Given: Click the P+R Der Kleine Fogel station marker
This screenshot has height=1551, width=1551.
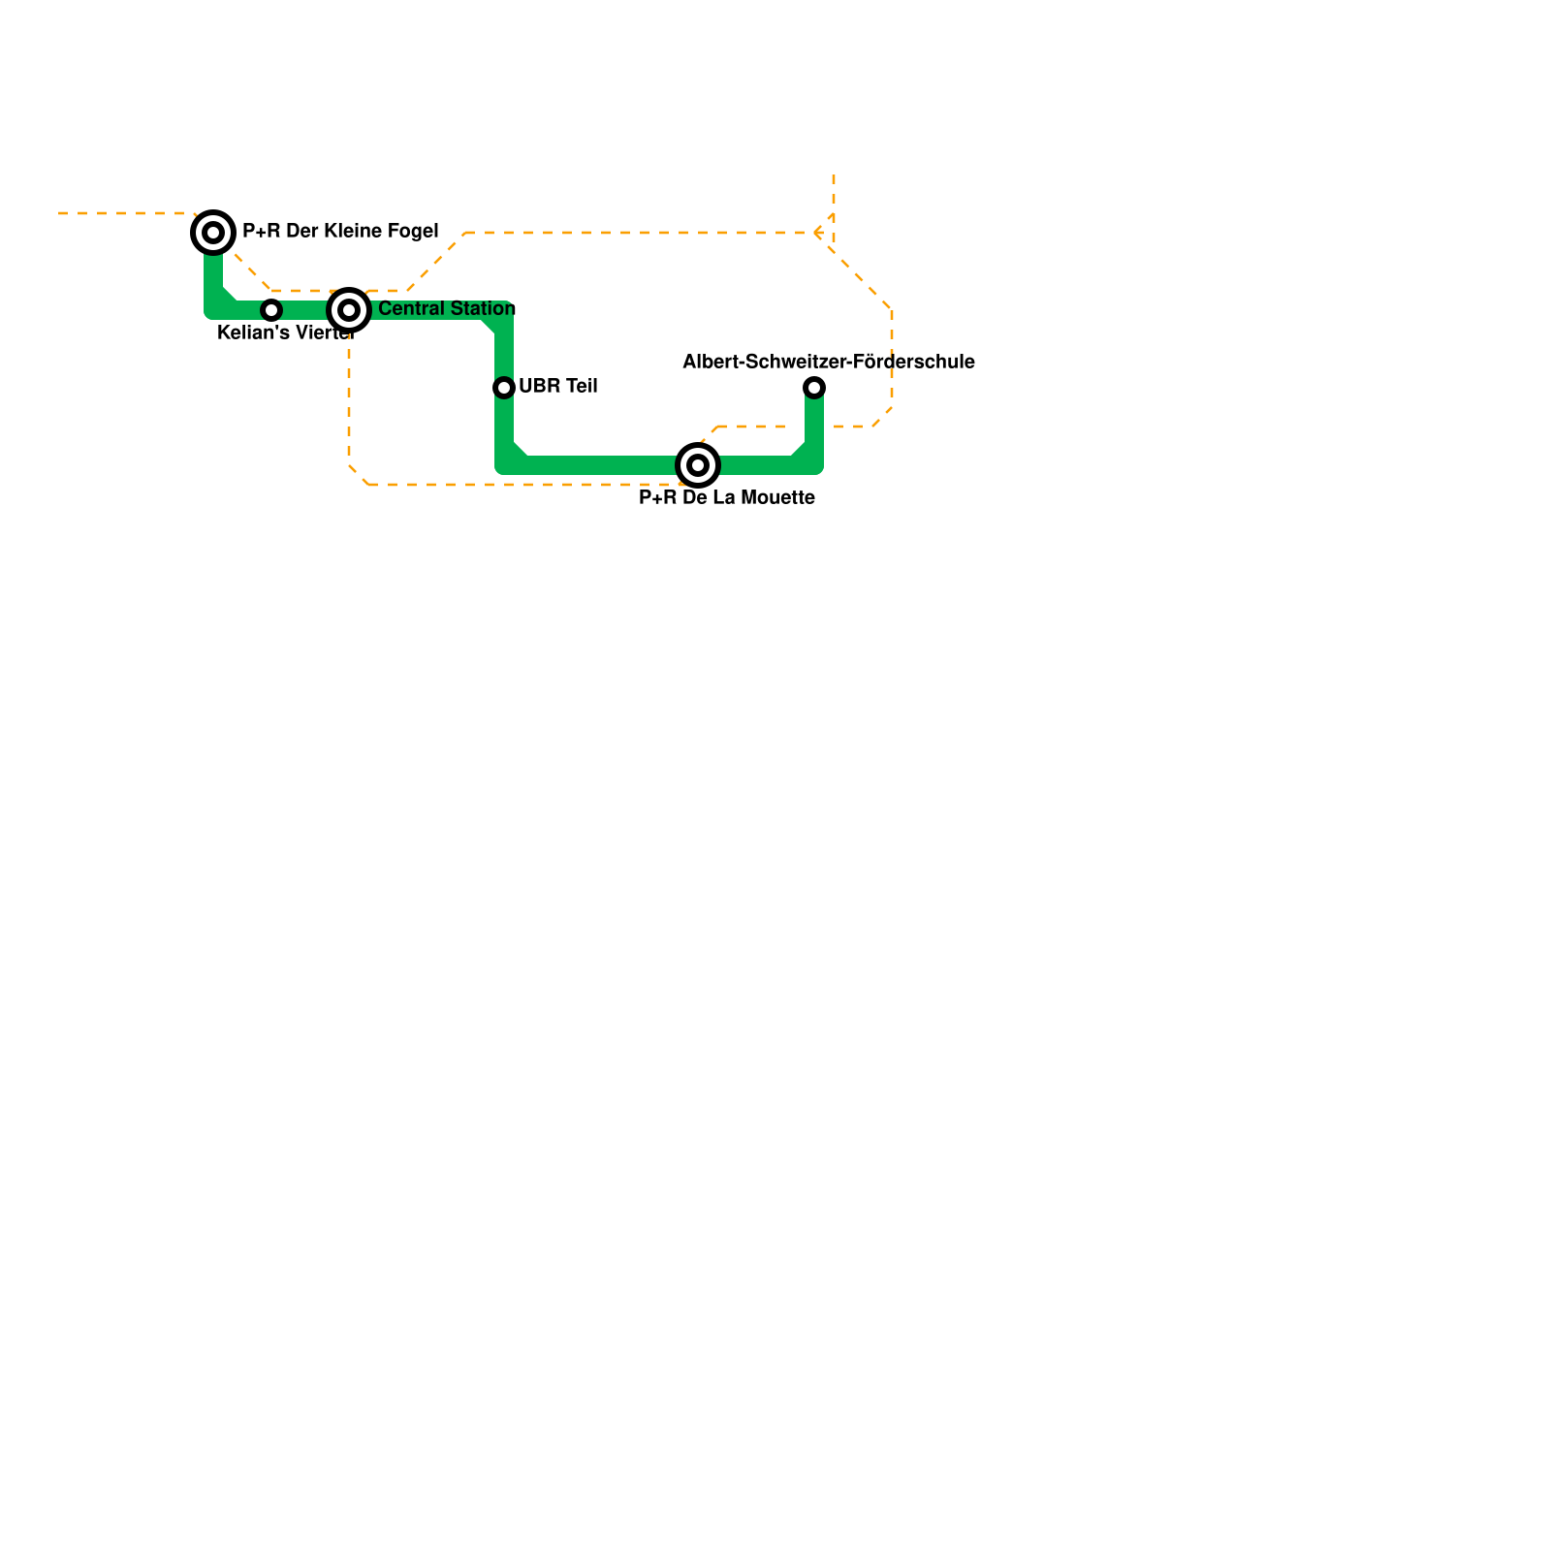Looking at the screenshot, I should click(x=213, y=233).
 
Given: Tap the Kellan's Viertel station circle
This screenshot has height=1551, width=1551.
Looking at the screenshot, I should click(x=271, y=310).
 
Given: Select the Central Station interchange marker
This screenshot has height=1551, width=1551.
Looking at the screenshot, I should click(x=349, y=310).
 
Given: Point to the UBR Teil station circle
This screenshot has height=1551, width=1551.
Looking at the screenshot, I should click(x=504, y=388).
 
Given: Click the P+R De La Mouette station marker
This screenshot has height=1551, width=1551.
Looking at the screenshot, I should click(x=698, y=465).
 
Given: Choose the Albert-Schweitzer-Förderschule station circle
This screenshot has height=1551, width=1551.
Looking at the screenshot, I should click(x=814, y=388).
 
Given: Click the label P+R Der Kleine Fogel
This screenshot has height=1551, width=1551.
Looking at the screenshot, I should click(x=340, y=232).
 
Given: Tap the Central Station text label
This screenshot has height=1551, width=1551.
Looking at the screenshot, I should click(x=447, y=309).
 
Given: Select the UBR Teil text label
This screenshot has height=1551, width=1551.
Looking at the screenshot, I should click(x=558, y=387).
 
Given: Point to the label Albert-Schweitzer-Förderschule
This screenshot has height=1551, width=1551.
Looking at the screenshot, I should click(x=829, y=363).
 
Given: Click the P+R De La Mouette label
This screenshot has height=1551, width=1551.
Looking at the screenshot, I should click(x=727, y=498).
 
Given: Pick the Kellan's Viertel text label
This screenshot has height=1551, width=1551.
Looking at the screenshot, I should click(x=286, y=333).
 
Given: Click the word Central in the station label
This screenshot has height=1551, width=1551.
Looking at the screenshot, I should click(x=410, y=309).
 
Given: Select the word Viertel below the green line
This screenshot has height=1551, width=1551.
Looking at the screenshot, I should click(x=324, y=333).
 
